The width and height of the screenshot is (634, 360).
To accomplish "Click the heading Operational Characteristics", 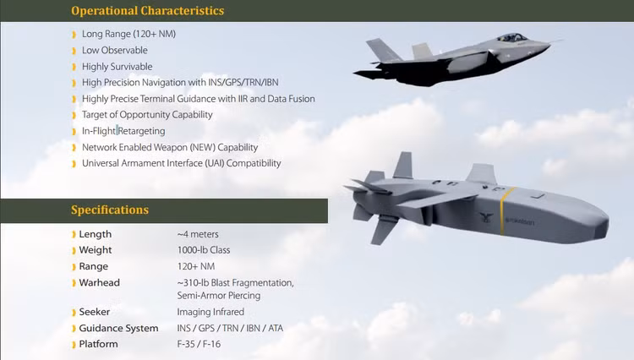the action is pos(148,10).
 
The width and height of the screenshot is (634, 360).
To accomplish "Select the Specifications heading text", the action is pos(110,210).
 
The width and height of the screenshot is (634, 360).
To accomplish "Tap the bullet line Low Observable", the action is pos(115,50).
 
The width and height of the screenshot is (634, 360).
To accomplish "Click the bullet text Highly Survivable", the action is pos(118,66).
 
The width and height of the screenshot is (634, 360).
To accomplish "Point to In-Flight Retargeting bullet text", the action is pos(123,131).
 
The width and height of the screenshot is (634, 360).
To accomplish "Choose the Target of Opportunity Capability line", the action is pos(147,115).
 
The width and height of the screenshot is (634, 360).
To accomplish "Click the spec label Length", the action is pos(96,234).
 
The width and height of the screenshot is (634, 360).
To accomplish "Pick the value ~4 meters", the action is pos(198,234).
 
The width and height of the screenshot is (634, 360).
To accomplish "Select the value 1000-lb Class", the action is pos(204,250).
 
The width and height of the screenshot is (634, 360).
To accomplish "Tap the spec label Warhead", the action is pos(100,282).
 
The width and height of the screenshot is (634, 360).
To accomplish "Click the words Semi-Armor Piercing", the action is pos(219,296).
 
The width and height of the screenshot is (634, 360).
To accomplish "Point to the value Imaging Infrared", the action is pos(210,312).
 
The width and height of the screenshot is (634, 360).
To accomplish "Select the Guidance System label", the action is pos(119,328).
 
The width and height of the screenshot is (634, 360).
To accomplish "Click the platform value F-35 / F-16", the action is pos(199,344).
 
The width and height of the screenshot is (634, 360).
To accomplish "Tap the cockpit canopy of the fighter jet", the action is pos(512,37).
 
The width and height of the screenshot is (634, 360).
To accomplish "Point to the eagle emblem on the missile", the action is pos(486,217).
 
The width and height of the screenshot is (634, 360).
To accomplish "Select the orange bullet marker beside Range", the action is pos(74,267).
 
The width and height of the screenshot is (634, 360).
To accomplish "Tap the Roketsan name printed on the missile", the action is pos(520,221).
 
